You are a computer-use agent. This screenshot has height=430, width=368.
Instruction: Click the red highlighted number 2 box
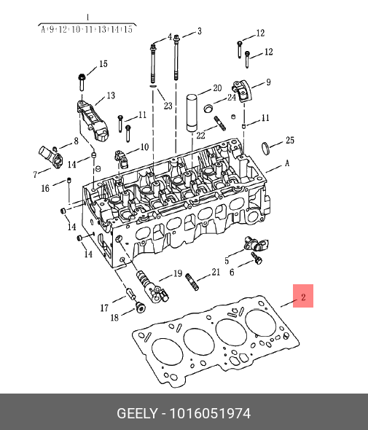303,296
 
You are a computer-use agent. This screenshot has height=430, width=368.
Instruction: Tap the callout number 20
217,88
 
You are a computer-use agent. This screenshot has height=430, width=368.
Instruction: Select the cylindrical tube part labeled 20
192,113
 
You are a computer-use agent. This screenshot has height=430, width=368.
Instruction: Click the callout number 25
290,141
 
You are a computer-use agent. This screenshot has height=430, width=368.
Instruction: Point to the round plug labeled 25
266,149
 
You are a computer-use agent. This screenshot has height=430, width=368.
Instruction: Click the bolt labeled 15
82,82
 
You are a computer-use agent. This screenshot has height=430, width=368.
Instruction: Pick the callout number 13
111,95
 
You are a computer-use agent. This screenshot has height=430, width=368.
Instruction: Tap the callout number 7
35,174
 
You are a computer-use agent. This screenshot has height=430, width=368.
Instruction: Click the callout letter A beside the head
287,163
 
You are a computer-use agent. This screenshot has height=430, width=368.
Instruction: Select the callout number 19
178,273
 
